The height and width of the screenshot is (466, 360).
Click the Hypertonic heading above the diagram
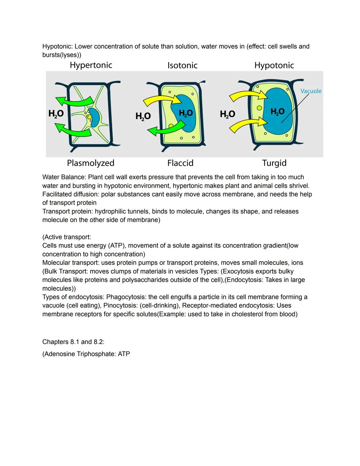[x=91, y=65]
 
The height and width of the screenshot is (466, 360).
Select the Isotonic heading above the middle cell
[x=182, y=65]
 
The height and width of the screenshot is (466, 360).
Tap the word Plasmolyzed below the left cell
[x=90, y=163]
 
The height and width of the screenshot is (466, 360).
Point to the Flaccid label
[x=180, y=163]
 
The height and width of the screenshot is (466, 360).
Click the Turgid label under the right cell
[x=274, y=163]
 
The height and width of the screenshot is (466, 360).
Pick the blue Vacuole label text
[x=311, y=91]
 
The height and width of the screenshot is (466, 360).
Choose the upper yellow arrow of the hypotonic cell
[x=248, y=95]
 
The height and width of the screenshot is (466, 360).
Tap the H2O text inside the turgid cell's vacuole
[x=277, y=111]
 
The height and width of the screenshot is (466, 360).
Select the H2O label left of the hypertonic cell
[x=56, y=114]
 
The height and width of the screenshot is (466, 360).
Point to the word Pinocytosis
[x=121, y=306]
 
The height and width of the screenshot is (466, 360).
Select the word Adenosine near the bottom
[x=59, y=354]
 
